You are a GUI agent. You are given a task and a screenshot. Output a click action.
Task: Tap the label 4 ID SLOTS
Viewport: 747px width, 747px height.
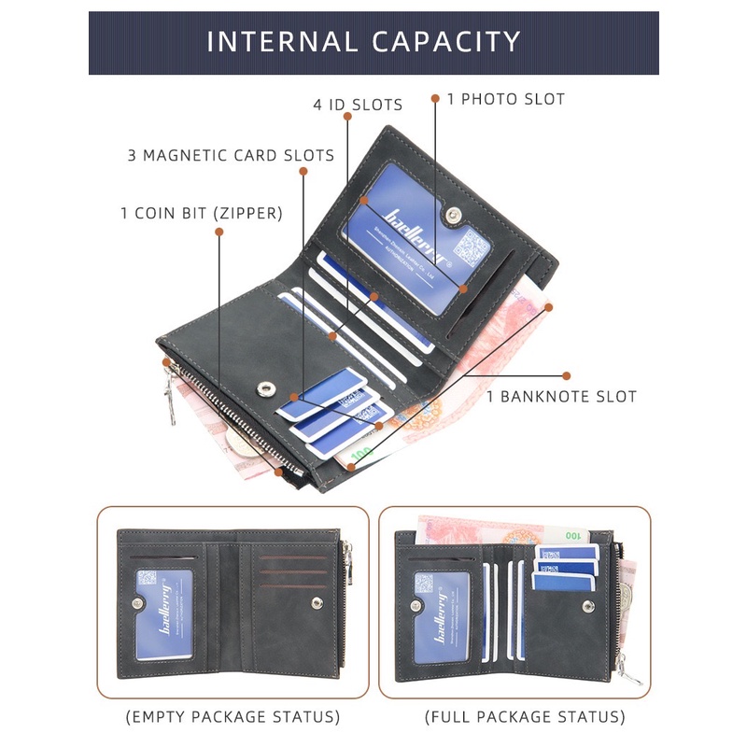(x=358, y=105)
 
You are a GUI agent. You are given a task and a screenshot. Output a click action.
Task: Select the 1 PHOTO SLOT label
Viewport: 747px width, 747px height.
(x=506, y=98)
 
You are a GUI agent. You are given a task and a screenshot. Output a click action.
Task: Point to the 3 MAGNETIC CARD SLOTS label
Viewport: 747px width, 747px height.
(x=231, y=155)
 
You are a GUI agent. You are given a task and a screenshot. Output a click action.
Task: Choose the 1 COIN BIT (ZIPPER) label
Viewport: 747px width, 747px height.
(x=201, y=213)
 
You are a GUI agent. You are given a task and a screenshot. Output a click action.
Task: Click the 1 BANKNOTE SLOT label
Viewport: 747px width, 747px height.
(x=561, y=397)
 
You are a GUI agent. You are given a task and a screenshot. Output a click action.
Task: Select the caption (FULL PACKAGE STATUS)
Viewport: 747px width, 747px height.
(x=525, y=717)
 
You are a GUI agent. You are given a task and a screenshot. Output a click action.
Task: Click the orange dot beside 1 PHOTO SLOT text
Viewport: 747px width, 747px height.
(x=435, y=96)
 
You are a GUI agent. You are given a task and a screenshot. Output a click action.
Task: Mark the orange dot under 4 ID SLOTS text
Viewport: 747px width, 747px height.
(x=346, y=117)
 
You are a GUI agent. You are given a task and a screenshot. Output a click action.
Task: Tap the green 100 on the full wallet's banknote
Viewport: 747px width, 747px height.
(x=571, y=536)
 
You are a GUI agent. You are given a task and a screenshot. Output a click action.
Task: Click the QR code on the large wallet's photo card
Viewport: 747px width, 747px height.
(x=472, y=247)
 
